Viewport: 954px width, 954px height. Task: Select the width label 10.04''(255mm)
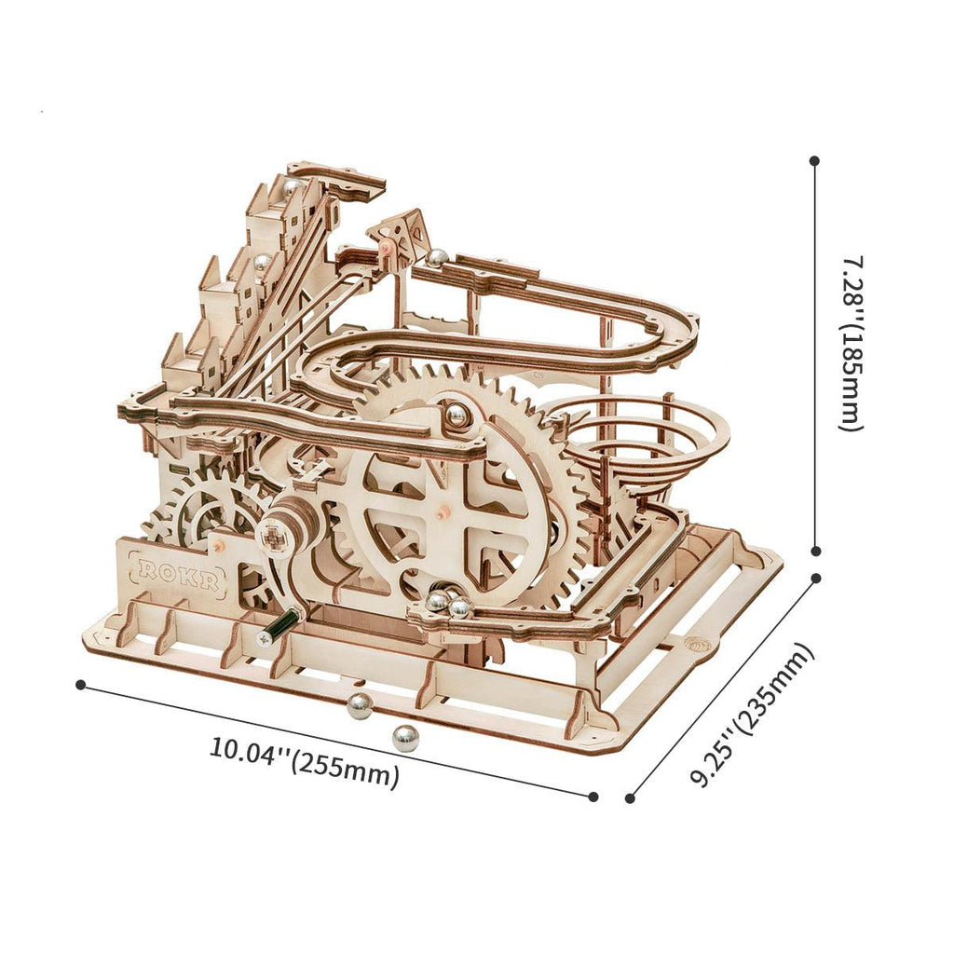point(304,760)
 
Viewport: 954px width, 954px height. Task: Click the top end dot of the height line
point(815,160)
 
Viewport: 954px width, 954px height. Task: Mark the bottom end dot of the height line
point(816,551)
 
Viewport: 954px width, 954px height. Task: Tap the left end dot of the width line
point(81,685)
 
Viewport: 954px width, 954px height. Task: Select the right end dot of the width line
point(593,796)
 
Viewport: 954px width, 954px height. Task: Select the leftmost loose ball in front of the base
point(359,706)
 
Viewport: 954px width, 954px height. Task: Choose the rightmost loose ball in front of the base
point(404,738)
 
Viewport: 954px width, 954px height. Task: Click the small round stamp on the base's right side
point(696,643)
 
